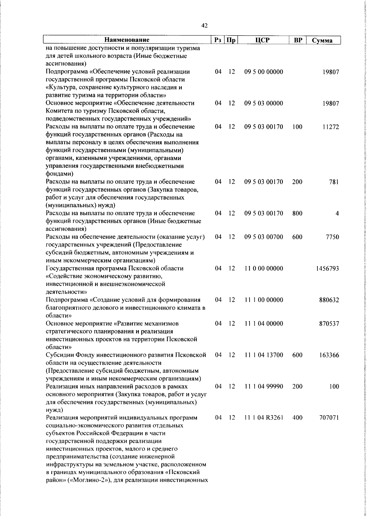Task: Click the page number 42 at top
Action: [x=205, y=26]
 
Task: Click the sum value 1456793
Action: [x=328, y=268]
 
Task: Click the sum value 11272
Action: [x=330, y=127]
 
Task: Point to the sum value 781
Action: [x=334, y=182]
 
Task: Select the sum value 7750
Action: [x=332, y=237]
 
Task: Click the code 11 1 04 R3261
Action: [x=264, y=418]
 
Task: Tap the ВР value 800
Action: [x=297, y=213]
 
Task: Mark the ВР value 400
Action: [x=297, y=418]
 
